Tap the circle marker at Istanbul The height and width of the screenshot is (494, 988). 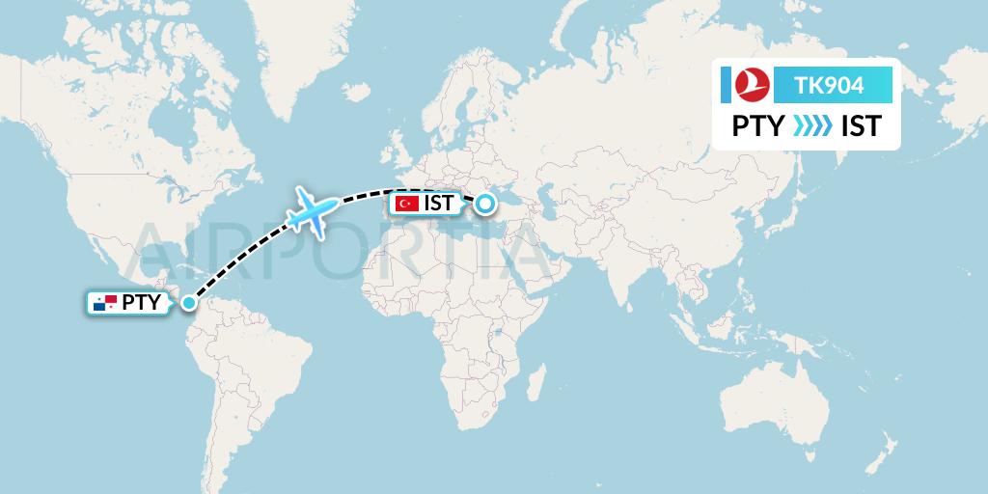point(484,203)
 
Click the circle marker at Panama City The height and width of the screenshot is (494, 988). point(189,303)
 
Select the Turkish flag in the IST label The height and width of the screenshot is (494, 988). point(405,204)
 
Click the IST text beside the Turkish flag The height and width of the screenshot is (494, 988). point(438,204)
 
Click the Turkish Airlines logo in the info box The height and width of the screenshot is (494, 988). point(750,85)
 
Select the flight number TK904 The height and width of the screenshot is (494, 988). point(829,86)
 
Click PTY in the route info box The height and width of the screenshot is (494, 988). point(757,126)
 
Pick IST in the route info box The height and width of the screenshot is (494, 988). point(861,126)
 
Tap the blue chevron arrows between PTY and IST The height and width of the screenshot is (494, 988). point(811,126)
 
